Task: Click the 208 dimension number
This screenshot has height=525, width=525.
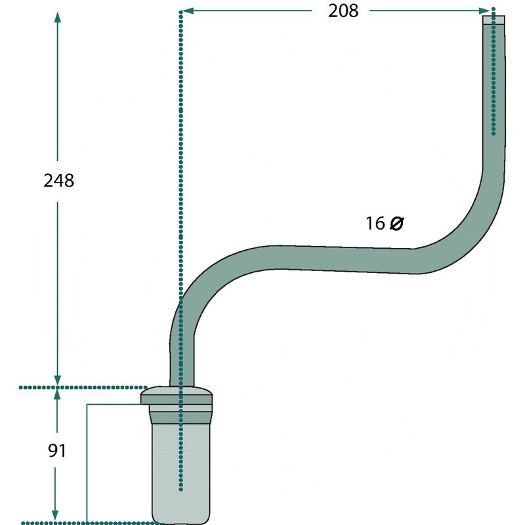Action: click(343, 10)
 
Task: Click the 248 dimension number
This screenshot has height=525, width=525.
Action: click(58, 181)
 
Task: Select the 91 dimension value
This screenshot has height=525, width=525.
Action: click(57, 451)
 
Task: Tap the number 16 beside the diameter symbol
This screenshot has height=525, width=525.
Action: click(375, 223)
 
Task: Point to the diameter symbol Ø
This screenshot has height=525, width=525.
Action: click(397, 223)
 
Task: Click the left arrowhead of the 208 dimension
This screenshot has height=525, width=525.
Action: click(188, 10)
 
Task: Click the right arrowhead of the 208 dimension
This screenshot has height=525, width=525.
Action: click(485, 10)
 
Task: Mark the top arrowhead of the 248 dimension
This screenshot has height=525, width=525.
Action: click(58, 18)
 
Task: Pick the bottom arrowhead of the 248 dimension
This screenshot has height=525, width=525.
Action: click(58, 381)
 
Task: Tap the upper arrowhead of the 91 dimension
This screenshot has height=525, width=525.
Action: click(57, 394)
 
